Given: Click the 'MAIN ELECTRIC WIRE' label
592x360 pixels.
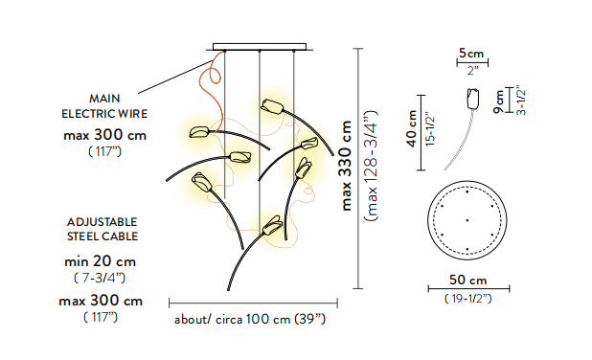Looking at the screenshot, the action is pyautogui.click(x=104, y=106).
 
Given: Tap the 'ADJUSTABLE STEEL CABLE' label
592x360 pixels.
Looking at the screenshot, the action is pyautogui.click(x=102, y=229).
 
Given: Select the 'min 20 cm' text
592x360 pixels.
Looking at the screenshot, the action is pyautogui.click(x=100, y=261).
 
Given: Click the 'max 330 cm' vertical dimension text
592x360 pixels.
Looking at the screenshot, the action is pyautogui.click(x=347, y=166).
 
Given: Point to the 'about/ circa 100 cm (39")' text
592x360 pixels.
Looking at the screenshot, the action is pyautogui.click(x=250, y=320).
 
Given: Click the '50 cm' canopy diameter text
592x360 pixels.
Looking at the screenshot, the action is pyautogui.click(x=468, y=281).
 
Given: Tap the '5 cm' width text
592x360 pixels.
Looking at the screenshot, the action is pyautogui.click(x=471, y=54).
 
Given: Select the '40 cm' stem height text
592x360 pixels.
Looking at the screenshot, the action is pyautogui.click(x=412, y=128).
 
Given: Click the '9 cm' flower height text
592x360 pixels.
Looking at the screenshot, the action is pyautogui.click(x=498, y=101).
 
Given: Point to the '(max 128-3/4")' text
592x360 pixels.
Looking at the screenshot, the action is pyautogui.click(x=371, y=166).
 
